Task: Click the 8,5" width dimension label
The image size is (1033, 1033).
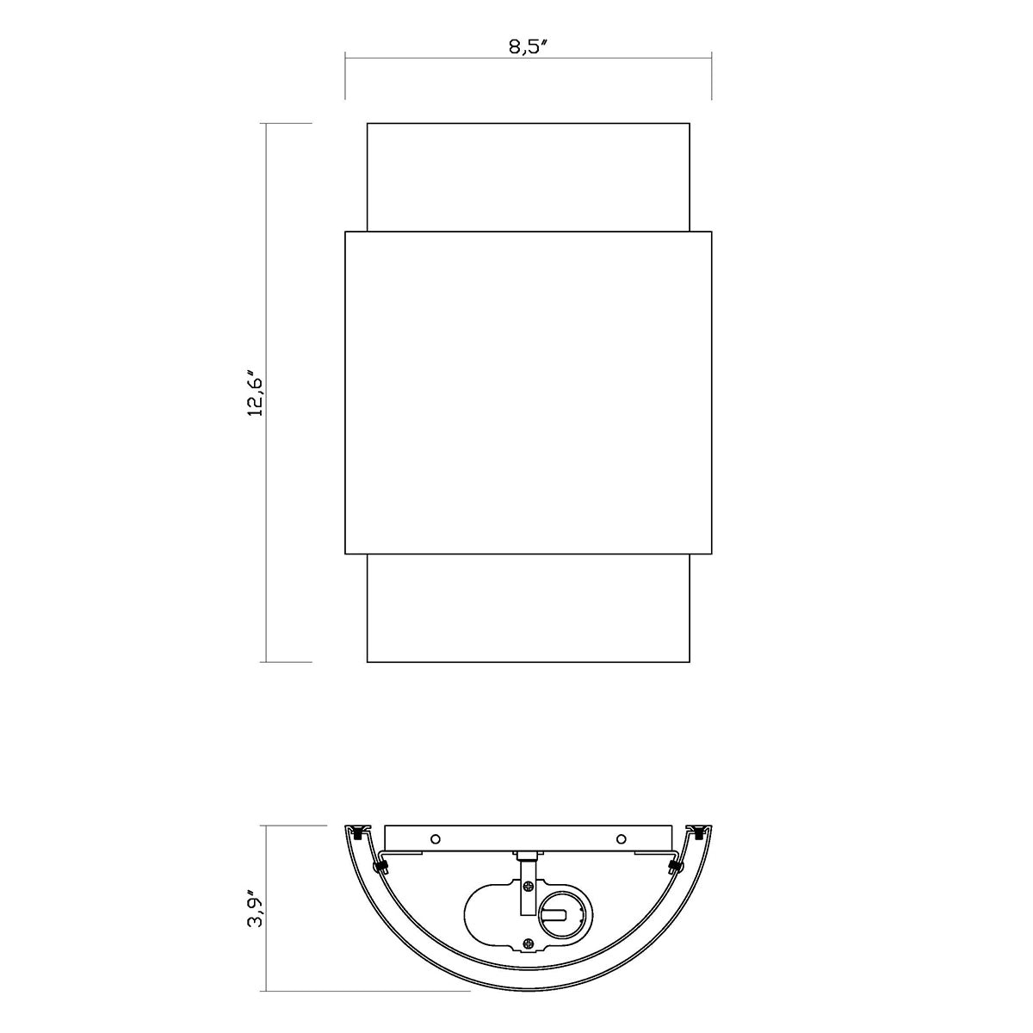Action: (528, 46)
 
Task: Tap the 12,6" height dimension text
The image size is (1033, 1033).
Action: (255, 393)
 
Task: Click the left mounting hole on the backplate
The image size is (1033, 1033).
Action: (436, 838)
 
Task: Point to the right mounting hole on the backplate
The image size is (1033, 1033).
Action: (622, 838)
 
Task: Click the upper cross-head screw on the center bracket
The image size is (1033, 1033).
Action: (529, 887)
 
